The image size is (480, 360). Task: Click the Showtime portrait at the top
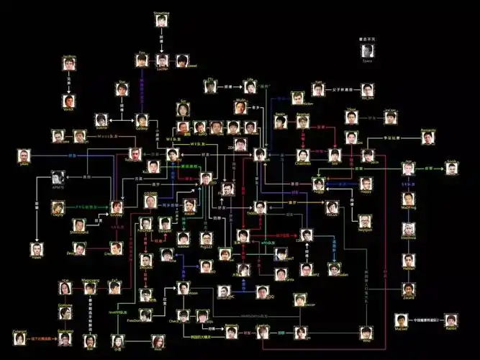pyautogui.click(x=161, y=20)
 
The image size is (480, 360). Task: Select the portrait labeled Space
pyautogui.click(x=368, y=51)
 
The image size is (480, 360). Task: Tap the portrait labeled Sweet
pyautogui.click(x=183, y=60)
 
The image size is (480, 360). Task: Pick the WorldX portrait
pyautogui.click(x=68, y=101)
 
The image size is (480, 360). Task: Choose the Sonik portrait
pyautogui.click(x=452, y=168)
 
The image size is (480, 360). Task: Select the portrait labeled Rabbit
pyautogui.click(x=451, y=319)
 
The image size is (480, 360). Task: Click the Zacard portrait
pyautogui.click(x=409, y=289)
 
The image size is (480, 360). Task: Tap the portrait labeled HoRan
pyautogui.click(x=409, y=260)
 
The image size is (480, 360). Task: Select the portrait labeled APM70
pyautogui.click(x=59, y=177)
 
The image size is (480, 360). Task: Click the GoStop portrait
pyautogui.click(x=142, y=120)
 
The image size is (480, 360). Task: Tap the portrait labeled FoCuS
pyautogui.click(x=332, y=207)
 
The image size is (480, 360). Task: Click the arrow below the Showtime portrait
pyautogui.click(x=161, y=42)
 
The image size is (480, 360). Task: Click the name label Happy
pyautogui.click(x=366, y=192)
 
